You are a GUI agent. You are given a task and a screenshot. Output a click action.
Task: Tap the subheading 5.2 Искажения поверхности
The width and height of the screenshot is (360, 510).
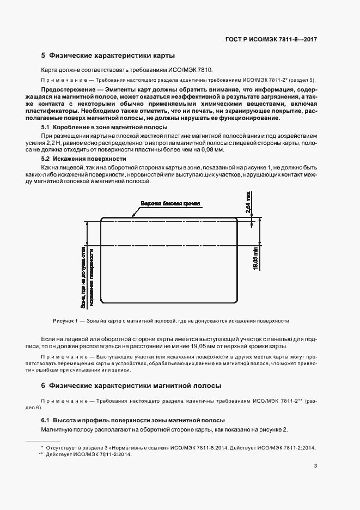click(74, 159)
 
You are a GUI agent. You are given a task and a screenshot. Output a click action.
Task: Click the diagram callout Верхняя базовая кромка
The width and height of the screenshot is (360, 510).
click(170, 203)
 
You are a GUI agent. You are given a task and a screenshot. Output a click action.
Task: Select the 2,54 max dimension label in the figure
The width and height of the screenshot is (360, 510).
click(248, 201)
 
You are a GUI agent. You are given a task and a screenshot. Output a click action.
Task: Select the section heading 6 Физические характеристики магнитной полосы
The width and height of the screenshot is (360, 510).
click(131, 385)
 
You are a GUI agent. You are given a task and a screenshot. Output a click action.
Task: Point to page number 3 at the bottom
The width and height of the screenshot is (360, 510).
click(315, 465)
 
